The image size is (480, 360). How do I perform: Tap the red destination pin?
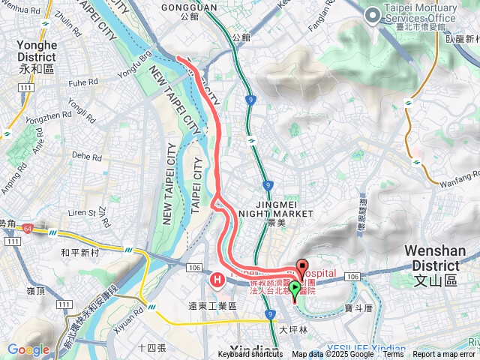302,267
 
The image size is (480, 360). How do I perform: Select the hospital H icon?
217,280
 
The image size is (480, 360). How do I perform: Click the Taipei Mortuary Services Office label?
420,13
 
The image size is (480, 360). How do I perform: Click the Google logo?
28,349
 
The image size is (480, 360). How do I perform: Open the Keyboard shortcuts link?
250,355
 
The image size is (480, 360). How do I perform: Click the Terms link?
392,355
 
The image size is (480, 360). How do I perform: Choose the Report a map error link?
444,355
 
